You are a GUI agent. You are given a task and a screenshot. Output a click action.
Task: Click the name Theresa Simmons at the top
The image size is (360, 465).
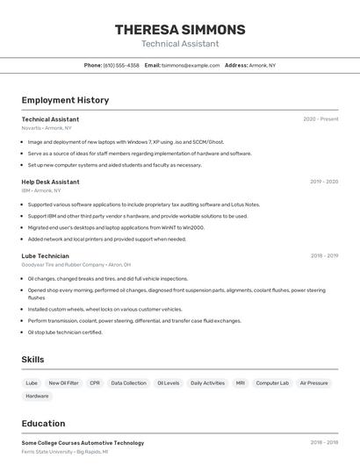180,29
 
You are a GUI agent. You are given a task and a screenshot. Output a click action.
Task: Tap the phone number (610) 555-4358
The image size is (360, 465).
120,65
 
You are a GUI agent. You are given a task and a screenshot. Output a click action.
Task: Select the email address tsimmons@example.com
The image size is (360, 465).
191,65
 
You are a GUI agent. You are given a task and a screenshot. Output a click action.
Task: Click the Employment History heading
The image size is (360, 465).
65,100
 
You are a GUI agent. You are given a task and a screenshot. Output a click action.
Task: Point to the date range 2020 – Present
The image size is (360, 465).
320,118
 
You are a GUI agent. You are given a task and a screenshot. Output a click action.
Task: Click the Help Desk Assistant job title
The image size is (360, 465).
50,182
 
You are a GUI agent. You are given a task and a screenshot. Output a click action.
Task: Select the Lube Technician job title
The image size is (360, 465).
45,256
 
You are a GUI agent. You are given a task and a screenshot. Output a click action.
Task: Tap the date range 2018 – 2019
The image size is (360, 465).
324,256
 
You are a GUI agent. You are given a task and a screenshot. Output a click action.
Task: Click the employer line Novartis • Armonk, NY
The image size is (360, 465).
47,128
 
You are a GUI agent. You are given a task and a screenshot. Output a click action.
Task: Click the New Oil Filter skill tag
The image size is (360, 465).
63,383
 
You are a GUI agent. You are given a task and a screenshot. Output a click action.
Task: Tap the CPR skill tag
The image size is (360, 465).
95,383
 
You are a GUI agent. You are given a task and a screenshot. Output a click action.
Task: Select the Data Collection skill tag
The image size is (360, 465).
128,383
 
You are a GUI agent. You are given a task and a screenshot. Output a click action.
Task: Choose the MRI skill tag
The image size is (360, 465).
241,383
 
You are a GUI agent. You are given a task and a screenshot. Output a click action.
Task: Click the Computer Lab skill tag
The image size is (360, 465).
272,383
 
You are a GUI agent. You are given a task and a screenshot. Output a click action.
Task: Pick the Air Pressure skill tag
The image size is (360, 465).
313,383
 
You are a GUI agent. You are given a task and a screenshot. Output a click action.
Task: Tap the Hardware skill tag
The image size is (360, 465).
37,396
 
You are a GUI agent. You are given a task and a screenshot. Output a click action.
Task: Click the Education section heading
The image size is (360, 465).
43,423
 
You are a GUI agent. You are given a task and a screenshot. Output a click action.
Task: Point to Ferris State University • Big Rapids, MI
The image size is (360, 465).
65,452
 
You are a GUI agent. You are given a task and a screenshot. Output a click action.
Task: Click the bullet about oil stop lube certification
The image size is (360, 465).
65,333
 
